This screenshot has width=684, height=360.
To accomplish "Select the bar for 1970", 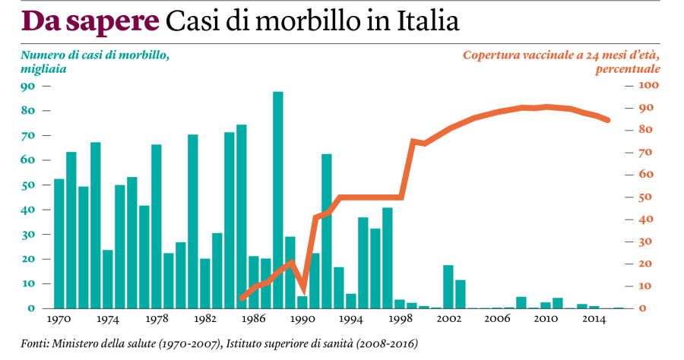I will (x=59, y=243).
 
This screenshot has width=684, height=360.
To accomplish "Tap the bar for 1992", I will (x=327, y=231).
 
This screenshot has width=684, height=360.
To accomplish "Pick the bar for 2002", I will (x=448, y=286).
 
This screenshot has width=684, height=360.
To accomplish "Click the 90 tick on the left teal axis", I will (x=28, y=86).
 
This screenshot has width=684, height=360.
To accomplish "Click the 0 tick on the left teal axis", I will (x=31, y=308).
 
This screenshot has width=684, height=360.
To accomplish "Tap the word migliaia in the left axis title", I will (x=43, y=69).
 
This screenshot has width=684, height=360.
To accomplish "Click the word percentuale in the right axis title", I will (x=628, y=69).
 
